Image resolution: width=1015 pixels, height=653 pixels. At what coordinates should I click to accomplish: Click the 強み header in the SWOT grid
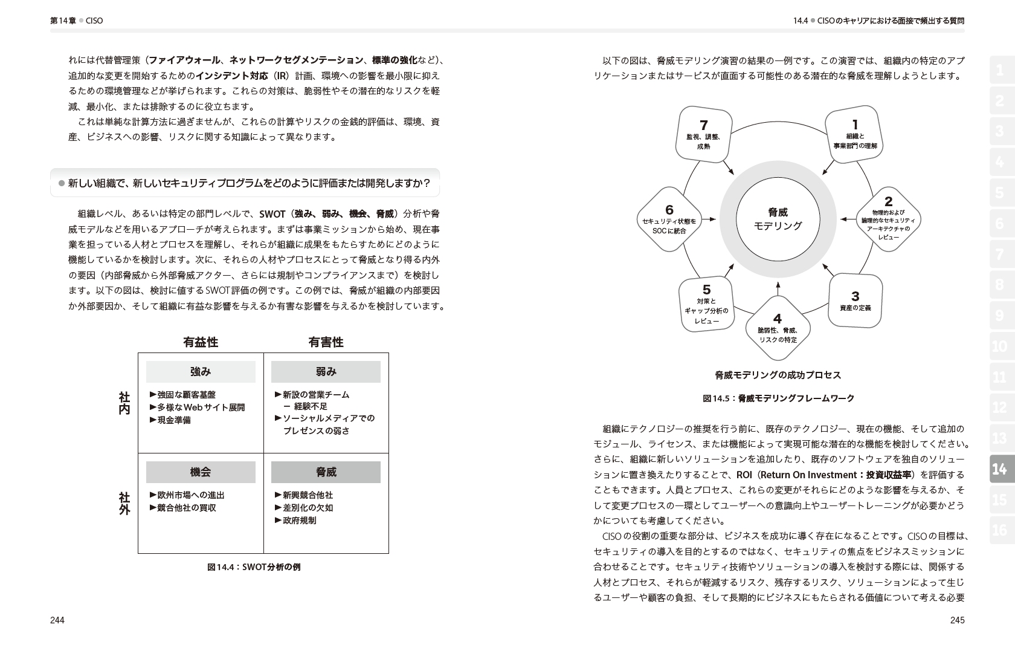(201, 372)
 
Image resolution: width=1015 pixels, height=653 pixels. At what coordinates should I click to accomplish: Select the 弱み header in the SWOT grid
(326, 372)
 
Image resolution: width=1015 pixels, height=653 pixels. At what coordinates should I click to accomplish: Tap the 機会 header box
(201, 472)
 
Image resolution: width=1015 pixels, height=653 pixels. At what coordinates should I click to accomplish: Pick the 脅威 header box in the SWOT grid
(326, 472)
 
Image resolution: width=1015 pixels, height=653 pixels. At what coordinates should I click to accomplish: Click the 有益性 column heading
(201, 342)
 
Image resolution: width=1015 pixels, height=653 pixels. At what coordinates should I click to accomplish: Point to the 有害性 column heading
(326, 342)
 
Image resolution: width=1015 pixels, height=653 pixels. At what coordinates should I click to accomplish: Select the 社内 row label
(124, 403)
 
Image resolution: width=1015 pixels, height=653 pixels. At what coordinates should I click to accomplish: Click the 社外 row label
(124, 504)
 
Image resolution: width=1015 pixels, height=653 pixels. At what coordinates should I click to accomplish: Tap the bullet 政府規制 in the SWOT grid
(299, 521)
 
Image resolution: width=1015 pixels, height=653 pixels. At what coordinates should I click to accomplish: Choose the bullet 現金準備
(173, 420)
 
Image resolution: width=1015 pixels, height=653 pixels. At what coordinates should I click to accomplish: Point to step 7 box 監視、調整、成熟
(703, 135)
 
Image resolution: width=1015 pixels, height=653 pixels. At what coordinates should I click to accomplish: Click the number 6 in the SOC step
(669, 210)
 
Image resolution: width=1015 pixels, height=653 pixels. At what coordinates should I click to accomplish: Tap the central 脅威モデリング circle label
(778, 219)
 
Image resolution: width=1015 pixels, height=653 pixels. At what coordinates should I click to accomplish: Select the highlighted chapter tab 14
(999, 469)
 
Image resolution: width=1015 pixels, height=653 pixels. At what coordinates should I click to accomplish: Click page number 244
(57, 620)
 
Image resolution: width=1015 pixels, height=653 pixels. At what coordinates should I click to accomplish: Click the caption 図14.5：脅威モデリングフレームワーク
(778, 398)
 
